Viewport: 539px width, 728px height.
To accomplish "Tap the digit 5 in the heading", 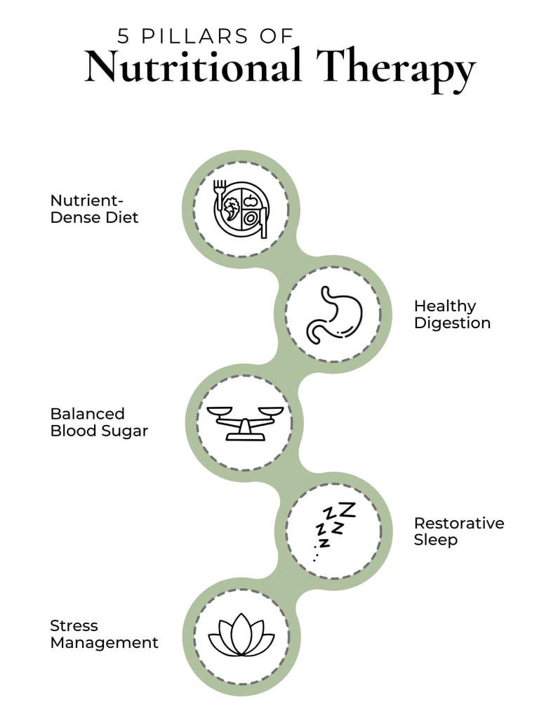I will [124, 35].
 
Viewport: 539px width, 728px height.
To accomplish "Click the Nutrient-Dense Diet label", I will [94, 209].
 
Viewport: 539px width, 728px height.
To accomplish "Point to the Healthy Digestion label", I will [452, 314].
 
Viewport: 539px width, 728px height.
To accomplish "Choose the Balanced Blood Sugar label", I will [99, 422].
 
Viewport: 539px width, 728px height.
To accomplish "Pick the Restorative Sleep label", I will [458, 531].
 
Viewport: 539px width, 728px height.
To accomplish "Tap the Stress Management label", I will [104, 634].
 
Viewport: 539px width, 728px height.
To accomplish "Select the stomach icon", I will [333, 314].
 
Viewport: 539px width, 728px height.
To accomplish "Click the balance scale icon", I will [241, 422].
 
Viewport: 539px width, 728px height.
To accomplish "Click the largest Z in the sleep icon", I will [347, 509].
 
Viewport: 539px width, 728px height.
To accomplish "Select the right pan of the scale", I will [269, 410].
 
